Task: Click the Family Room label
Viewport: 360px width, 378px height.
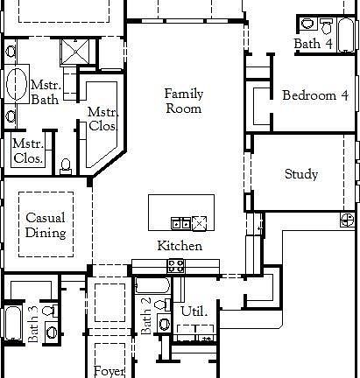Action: click(x=184, y=101)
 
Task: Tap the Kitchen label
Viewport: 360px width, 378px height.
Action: click(x=180, y=246)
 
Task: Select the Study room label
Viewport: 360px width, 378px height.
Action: click(x=301, y=174)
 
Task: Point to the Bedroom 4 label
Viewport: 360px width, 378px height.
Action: click(x=315, y=95)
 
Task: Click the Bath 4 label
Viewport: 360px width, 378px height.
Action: click(x=313, y=44)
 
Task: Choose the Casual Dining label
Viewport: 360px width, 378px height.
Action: click(x=46, y=225)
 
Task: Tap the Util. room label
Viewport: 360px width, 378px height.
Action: click(x=194, y=311)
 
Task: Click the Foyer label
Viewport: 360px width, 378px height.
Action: click(x=109, y=371)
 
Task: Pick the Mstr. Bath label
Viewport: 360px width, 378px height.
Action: click(x=46, y=93)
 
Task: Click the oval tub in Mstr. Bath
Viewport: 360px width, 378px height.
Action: click(x=17, y=84)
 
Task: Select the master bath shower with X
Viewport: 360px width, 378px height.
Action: click(x=75, y=52)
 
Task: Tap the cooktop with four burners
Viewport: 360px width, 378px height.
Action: click(x=176, y=267)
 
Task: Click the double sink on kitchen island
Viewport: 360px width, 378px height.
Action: click(x=180, y=224)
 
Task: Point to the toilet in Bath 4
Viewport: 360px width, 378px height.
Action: click(x=326, y=26)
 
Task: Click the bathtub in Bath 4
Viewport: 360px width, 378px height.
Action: click(x=346, y=35)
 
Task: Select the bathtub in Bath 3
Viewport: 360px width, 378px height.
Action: click(x=13, y=323)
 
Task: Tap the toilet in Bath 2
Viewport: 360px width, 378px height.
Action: click(x=162, y=305)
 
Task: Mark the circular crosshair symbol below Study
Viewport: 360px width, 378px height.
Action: click(x=348, y=220)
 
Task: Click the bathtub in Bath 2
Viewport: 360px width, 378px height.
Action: click(x=152, y=285)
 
